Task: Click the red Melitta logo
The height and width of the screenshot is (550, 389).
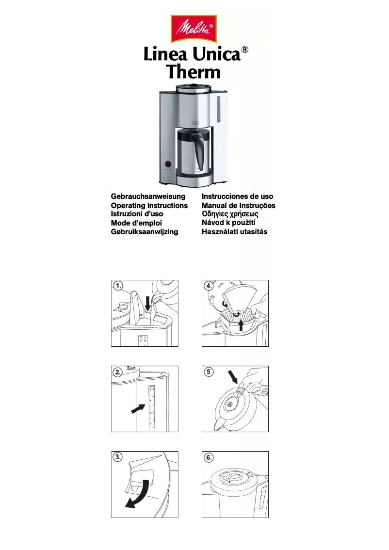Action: coord(194,29)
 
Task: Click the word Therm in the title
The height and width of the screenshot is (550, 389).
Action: coord(194,72)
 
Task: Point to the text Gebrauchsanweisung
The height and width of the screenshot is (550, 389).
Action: coord(148,196)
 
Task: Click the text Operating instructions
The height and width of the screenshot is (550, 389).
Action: coord(149,205)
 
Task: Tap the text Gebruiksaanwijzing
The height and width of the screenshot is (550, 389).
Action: coord(145,232)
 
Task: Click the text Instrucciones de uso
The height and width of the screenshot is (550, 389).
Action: coord(237,196)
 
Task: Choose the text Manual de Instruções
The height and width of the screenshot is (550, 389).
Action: coord(238,205)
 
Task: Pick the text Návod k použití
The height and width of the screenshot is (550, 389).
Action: coord(228,223)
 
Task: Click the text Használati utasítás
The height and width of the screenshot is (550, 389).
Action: coord(234,232)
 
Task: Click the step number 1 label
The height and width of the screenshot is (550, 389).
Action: coord(118,286)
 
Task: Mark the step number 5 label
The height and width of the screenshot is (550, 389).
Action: coord(209,372)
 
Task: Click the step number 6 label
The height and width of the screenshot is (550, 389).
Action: coord(209,457)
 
